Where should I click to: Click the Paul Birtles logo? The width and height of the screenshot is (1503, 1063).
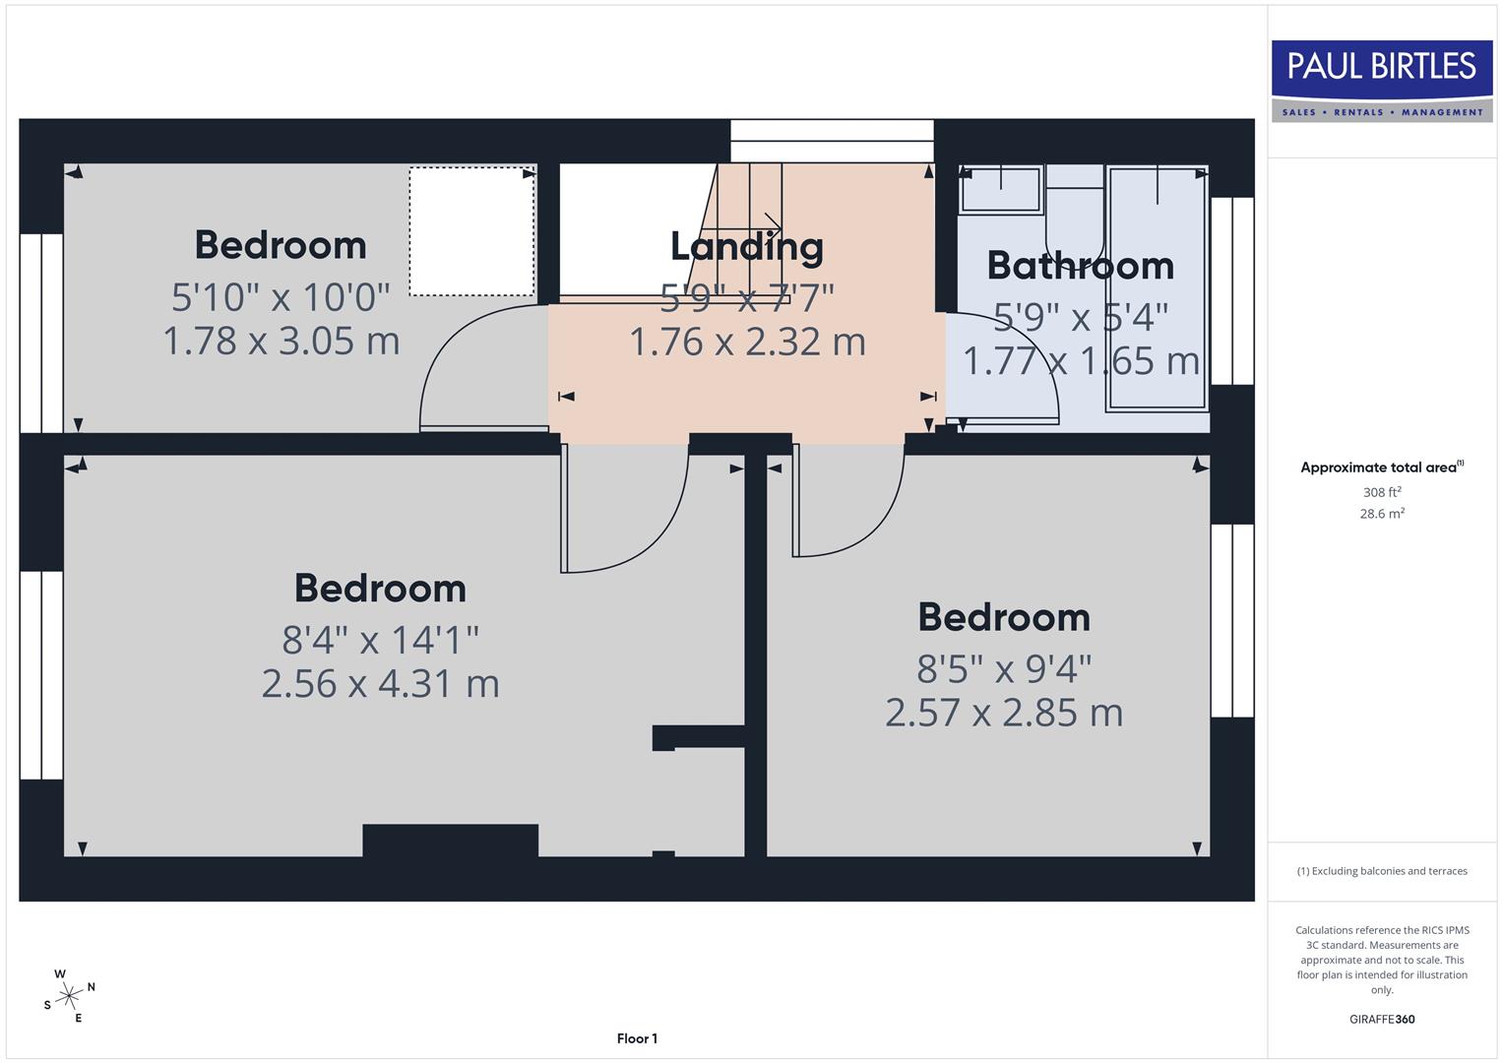point(1382,80)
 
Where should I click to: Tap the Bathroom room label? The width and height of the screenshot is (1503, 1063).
point(1080,266)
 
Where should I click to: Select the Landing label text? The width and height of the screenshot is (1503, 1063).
point(746,246)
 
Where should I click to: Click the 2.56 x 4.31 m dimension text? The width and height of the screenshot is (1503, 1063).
point(380,683)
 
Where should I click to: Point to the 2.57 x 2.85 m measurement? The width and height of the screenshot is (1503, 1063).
point(1003,713)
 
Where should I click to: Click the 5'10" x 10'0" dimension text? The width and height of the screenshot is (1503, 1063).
point(281,296)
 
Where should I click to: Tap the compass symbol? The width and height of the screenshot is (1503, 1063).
point(69,996)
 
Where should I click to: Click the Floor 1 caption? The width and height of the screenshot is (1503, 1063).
point(637,1038)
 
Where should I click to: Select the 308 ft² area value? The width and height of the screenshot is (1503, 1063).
point(1382,492)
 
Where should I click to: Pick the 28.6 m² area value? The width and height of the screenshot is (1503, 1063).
point(1382,513)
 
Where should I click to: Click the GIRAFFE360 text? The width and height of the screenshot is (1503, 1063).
point(1382,1019)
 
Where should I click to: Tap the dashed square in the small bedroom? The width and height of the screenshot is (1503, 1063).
point(471,231)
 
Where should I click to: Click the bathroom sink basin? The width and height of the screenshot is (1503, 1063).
point(1000,189)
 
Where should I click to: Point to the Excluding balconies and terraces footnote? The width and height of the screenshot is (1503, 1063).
point(1382,871)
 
